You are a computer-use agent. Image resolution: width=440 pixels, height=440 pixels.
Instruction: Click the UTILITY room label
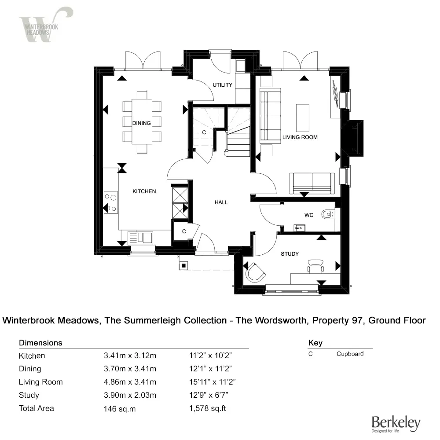(x=222, y=85)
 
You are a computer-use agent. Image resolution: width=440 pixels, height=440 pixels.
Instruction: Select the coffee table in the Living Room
(x=303, y=117)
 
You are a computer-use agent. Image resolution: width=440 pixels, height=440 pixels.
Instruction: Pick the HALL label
(x=221, y=202)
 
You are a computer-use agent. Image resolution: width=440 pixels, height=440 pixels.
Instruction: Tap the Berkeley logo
(x=396, y=423)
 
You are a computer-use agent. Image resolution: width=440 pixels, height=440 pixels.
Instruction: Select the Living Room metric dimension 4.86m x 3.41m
(x=129, y=382)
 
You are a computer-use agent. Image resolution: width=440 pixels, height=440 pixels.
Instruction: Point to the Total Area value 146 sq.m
(x=119, y=409)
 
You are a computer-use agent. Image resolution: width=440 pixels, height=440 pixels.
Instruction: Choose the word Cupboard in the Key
(x=350, y=354)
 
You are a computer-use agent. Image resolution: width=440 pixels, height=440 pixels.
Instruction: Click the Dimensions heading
(x=40, y=343)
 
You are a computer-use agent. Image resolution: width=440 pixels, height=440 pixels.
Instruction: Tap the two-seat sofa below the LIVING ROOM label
(x=312, y=183)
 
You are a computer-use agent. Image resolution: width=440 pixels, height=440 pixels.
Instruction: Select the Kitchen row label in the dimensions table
(x=32, y=356)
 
